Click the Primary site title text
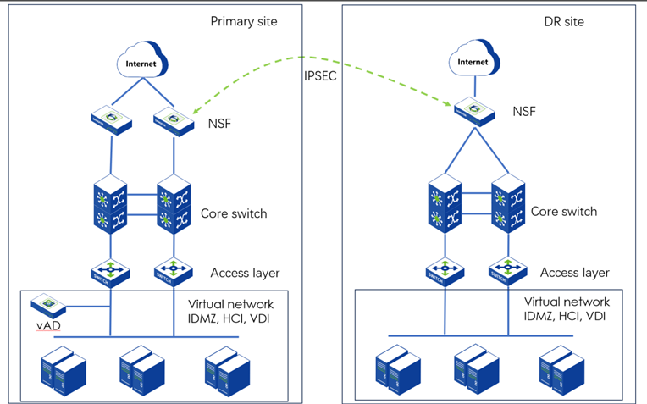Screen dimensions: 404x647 coord(244,21)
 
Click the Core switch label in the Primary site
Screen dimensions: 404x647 coord(234,213)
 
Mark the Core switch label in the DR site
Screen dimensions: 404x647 coord(564,211)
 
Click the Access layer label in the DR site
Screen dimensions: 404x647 coord(575,272)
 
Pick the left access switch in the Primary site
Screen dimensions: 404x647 coord(111,272)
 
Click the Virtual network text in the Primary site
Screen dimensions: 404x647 coord(234,302)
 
